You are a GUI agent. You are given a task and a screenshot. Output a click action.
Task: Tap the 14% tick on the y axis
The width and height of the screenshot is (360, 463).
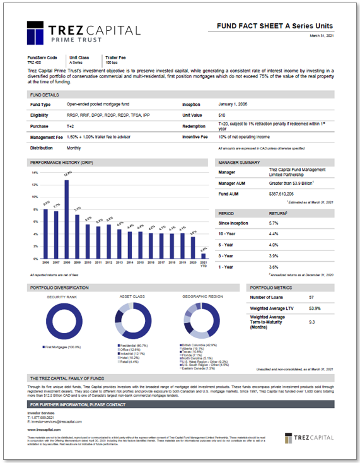tap(35, 173)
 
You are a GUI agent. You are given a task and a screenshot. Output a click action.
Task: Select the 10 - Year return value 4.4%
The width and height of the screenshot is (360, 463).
tap(274, 234)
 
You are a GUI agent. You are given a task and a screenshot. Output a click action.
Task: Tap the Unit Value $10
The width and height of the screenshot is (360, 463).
tap(222, 115)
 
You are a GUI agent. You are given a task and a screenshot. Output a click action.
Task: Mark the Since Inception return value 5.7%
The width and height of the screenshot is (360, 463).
tap(274, 223)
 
